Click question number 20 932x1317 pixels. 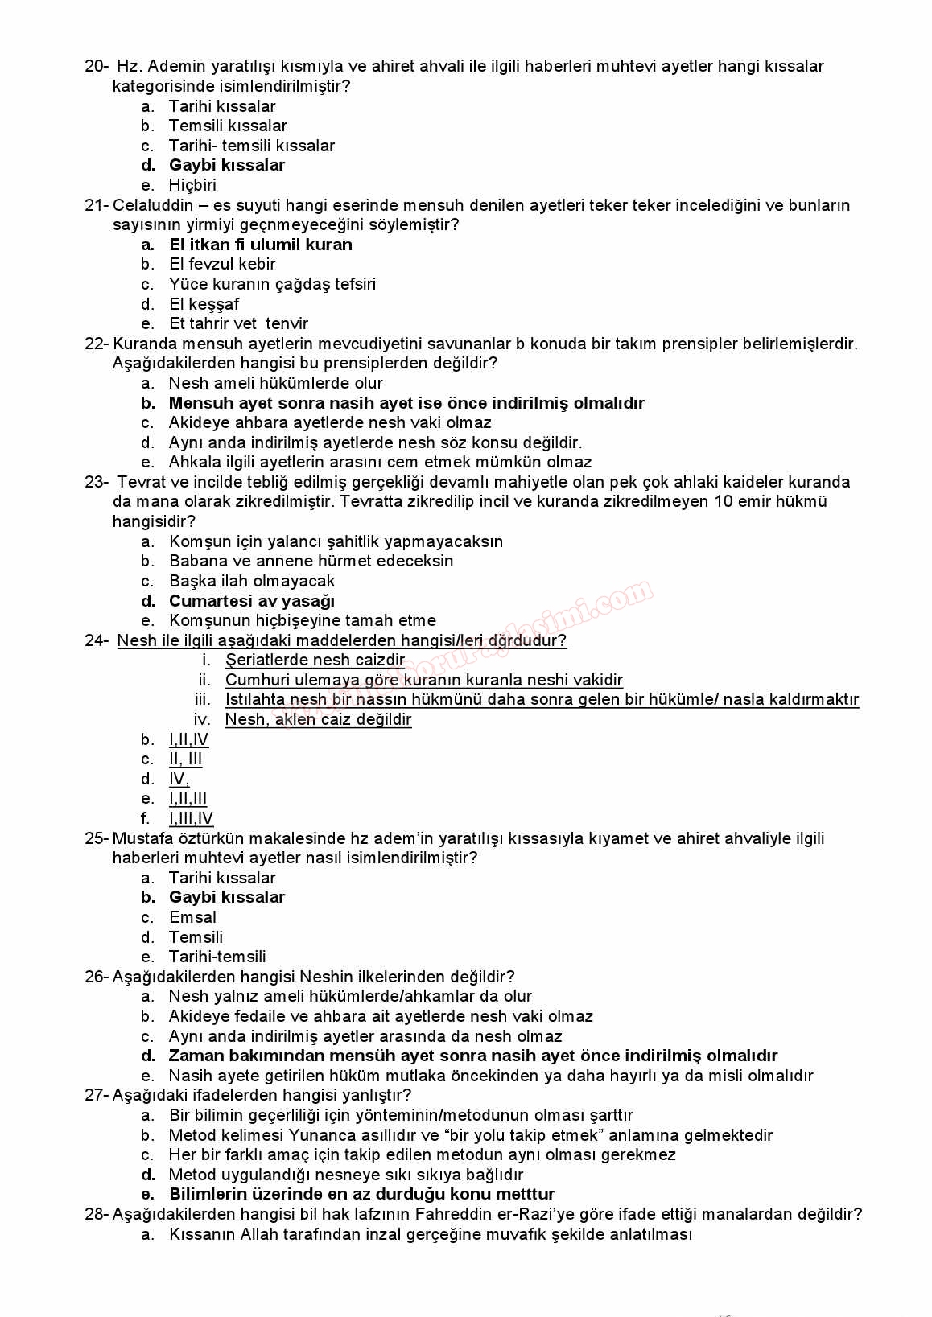click(x=96, y=66)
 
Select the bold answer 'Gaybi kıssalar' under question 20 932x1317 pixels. click(x=226, y=165)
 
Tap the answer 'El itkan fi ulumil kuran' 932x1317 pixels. click(x=260, y=245)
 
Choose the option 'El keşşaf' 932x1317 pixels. click(x=204, y=304)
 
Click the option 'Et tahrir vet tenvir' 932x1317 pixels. click(x=238, y=323)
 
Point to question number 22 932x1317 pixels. click(x=96, y=344)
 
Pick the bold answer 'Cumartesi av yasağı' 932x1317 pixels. click(x=251, y=601)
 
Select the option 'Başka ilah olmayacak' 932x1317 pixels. click(x=251, y=581)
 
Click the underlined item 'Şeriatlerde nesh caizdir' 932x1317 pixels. click(x=315, y=660)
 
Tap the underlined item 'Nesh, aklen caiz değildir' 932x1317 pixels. click(x=318, y=719)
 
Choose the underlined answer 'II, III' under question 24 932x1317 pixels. click(x=185, y=759)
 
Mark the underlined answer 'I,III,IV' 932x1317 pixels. click(x=191, y=818)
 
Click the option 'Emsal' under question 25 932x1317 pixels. click(x=192, y=917)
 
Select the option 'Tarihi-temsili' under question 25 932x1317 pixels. click(x=217, y=957)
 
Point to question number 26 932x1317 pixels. click(x=96, y=977)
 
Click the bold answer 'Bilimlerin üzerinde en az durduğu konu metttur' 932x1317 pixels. click(x=361, y=1194)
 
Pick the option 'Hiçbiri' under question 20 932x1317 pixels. click(x=192, y=185)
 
